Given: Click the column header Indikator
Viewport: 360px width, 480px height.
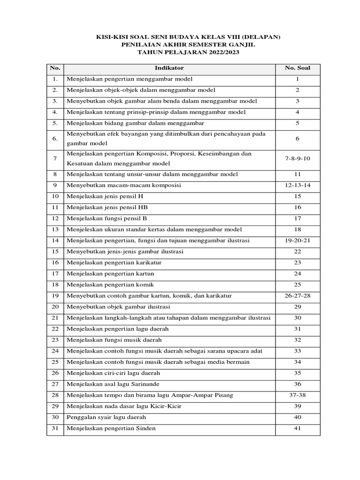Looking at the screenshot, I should (169, 68).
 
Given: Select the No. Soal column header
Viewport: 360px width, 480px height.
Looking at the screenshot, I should (297, 68).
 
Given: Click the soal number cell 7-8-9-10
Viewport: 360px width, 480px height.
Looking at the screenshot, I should (297, 158).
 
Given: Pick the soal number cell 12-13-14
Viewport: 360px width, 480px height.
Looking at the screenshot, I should (297, 185).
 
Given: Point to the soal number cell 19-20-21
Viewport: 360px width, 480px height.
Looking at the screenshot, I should (297, 240).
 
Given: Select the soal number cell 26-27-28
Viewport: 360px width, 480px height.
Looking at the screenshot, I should (297, 296).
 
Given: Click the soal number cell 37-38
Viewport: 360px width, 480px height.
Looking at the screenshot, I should (297, 395).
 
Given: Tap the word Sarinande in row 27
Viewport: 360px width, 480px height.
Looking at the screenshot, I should (152, 384).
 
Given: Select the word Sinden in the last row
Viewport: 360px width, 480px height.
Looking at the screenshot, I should (146, 428).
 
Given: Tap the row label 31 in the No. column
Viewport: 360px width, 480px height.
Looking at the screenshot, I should (55, 428).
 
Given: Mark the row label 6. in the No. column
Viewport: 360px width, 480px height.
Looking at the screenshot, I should (55, 139).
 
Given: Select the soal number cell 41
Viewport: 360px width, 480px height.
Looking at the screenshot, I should (297, 428).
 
